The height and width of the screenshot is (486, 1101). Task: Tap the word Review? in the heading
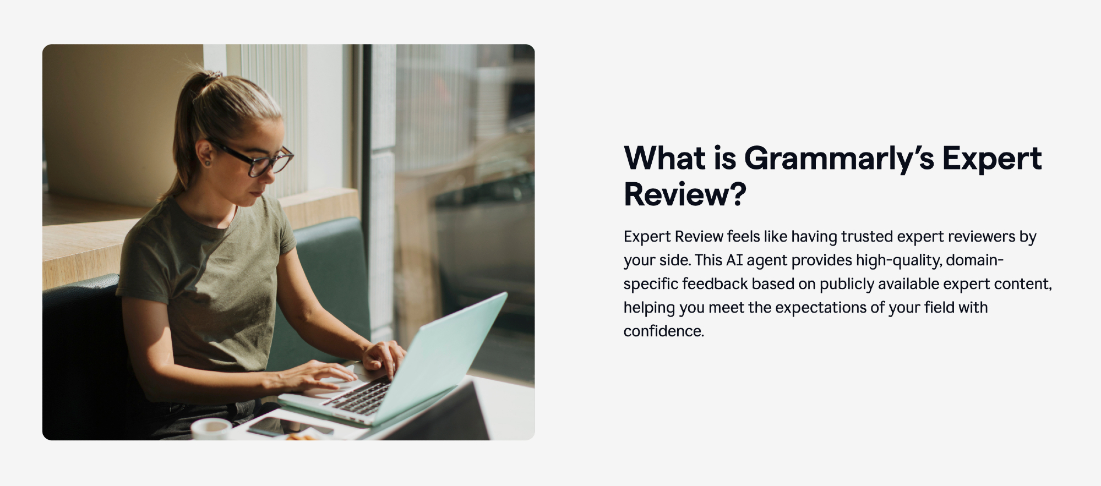685,194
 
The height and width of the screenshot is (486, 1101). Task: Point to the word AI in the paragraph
734,260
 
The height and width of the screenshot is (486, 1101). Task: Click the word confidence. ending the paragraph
664,331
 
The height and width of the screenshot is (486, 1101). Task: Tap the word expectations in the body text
820,308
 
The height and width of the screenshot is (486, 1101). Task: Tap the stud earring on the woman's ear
208,162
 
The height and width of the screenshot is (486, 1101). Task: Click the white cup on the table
210,429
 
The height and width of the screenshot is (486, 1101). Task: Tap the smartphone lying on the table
286,427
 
